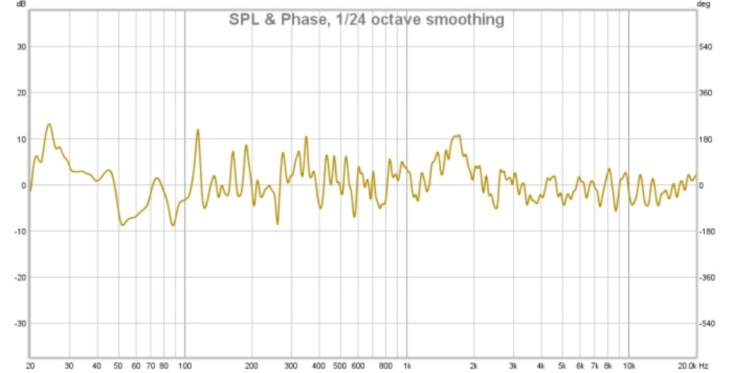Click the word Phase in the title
tap(292, 20)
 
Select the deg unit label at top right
tap(704, 4)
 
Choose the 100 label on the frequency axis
tap(184, 366)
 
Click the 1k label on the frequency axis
tap(407, 366)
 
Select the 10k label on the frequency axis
tap(629, 366)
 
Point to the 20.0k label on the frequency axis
tap(687, 366)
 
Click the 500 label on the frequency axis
tap(340, 366)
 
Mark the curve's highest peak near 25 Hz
tap(49, 124)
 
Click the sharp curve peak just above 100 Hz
tap(198, 130)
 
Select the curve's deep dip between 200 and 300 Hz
tap(277, 224)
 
